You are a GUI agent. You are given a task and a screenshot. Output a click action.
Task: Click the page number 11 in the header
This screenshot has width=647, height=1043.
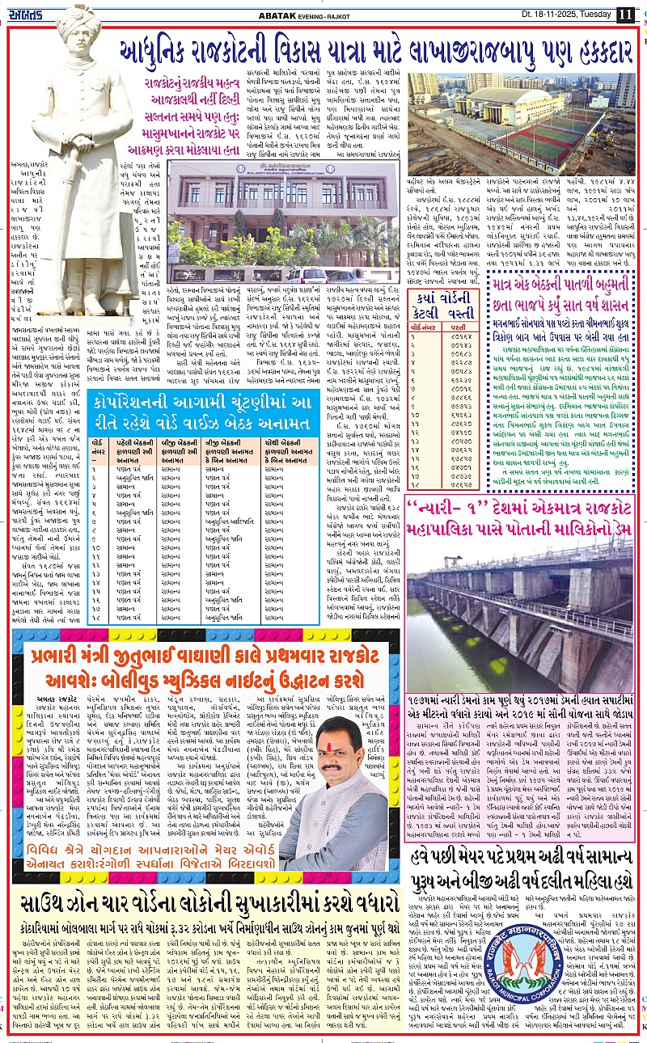(x=625, y=14)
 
